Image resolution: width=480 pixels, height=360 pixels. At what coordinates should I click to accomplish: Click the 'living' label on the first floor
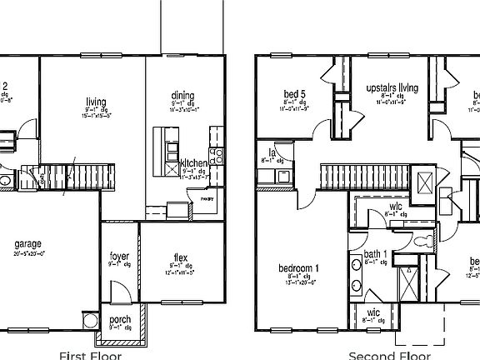[96, 102]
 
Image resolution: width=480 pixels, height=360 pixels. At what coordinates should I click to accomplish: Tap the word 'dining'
[182, 96]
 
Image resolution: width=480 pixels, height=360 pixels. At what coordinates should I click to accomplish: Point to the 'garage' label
[27, 244]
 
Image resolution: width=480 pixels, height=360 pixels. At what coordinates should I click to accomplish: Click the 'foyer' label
[119, 256]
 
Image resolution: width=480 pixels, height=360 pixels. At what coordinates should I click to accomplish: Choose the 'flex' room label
[180, 257]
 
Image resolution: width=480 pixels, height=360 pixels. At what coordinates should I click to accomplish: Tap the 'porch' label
[119, 318]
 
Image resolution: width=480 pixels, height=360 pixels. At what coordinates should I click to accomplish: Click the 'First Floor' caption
[90, 355]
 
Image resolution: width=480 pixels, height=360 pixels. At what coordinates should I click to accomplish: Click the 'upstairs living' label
[391, 87]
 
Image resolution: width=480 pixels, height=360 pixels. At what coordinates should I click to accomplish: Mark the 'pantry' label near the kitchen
[205, 199]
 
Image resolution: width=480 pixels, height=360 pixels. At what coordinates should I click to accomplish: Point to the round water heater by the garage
[91, 321]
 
